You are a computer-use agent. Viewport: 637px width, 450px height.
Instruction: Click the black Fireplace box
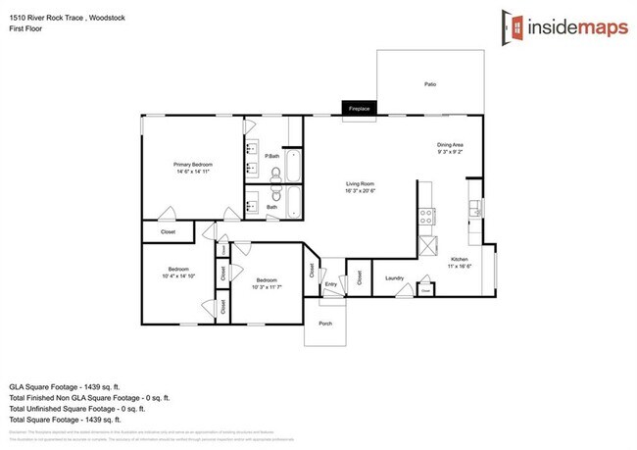tap(360, 109)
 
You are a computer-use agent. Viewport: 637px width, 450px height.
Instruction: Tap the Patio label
tap(429, 85)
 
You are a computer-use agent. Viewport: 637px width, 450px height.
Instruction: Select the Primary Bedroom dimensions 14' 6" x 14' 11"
tap(193, 172)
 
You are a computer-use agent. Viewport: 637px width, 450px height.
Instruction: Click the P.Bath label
tap(272, 157)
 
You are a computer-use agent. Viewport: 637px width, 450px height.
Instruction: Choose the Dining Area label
tap(450, 146)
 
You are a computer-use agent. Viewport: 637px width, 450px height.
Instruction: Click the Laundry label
tap(395, 278)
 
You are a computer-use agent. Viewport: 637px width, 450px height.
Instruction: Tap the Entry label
tap(331, 285)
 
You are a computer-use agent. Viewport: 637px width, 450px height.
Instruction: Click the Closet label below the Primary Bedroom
tap(155, 231)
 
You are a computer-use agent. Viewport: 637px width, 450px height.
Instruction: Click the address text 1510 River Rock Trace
tap(47, 11)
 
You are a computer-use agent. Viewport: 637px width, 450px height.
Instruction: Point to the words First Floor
tap(23, 22)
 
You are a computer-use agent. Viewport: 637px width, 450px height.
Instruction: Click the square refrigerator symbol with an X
tap(427, 245)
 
